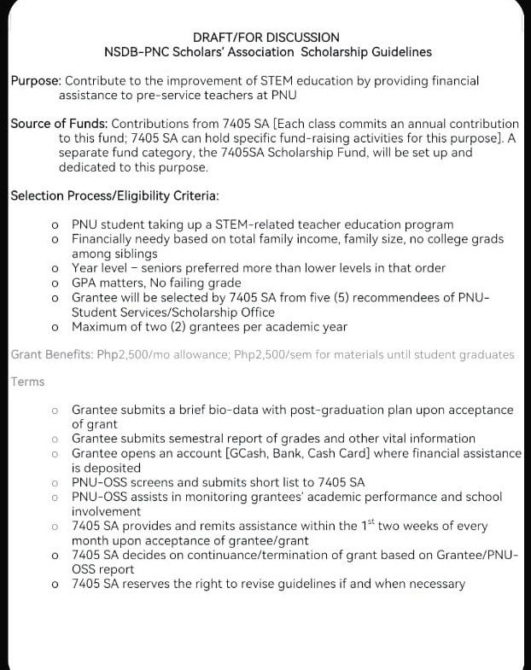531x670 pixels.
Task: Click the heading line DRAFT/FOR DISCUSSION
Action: (265, 38)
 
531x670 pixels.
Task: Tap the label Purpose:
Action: (36, 80)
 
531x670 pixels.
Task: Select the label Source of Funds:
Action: (59, 124)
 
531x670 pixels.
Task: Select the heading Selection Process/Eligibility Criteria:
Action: (114, 196)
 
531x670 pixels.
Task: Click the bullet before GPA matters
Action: (55, 283)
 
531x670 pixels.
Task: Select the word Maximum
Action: (99, 326)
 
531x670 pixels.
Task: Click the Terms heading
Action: (28, 382)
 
